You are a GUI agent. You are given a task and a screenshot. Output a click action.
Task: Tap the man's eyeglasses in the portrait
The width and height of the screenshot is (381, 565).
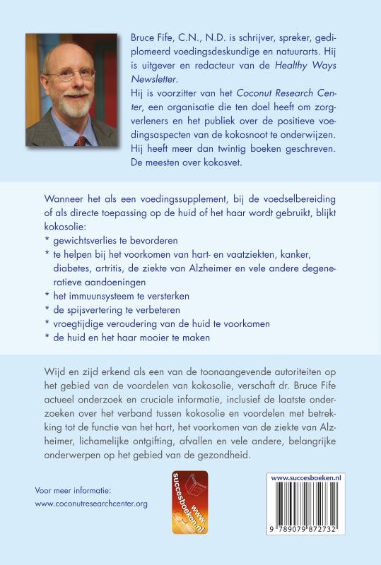click(76, 73)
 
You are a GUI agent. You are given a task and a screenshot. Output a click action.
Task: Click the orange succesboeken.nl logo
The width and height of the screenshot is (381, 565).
click(190, 501)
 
